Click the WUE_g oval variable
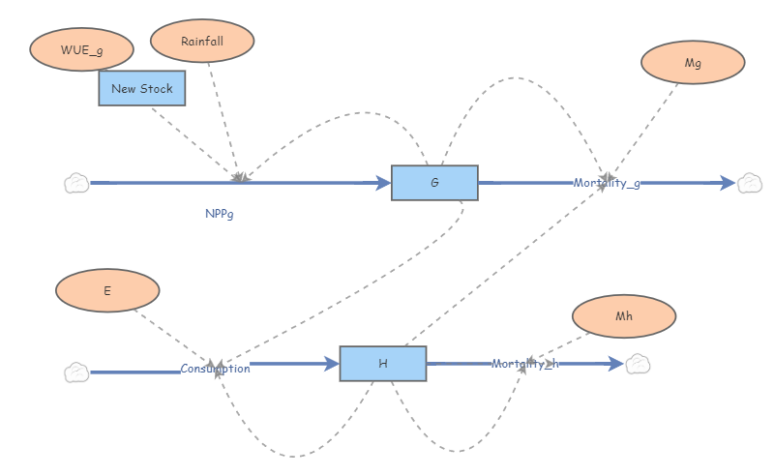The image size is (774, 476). (x=81, y=48)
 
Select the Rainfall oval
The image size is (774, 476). (x=202, y=41)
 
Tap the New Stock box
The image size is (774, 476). (x=142, y=89)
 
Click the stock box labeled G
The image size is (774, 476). (x=434, y=183)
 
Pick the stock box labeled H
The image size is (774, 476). (x=382, y=364)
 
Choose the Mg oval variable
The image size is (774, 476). (x=693, y=63)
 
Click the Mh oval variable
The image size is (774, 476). (x=624, y=315)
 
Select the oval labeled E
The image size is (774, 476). (x=107, y=290)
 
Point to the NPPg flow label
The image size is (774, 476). (x=220, y=214)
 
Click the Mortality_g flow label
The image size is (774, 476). (x=607, y=183)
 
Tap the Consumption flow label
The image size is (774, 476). (x=215, y=369)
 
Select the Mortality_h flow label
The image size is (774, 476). (x=524, y=364)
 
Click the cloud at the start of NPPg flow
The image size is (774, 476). (x=76, y=183)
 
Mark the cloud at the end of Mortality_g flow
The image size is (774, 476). (x=750, y=183)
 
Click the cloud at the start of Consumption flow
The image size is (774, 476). (x=76, y=372)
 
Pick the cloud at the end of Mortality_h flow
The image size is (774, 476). (x=638, y=364)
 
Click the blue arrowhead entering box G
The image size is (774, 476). (x=384, y=183)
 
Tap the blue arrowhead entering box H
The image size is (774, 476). (x=332, y=364)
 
